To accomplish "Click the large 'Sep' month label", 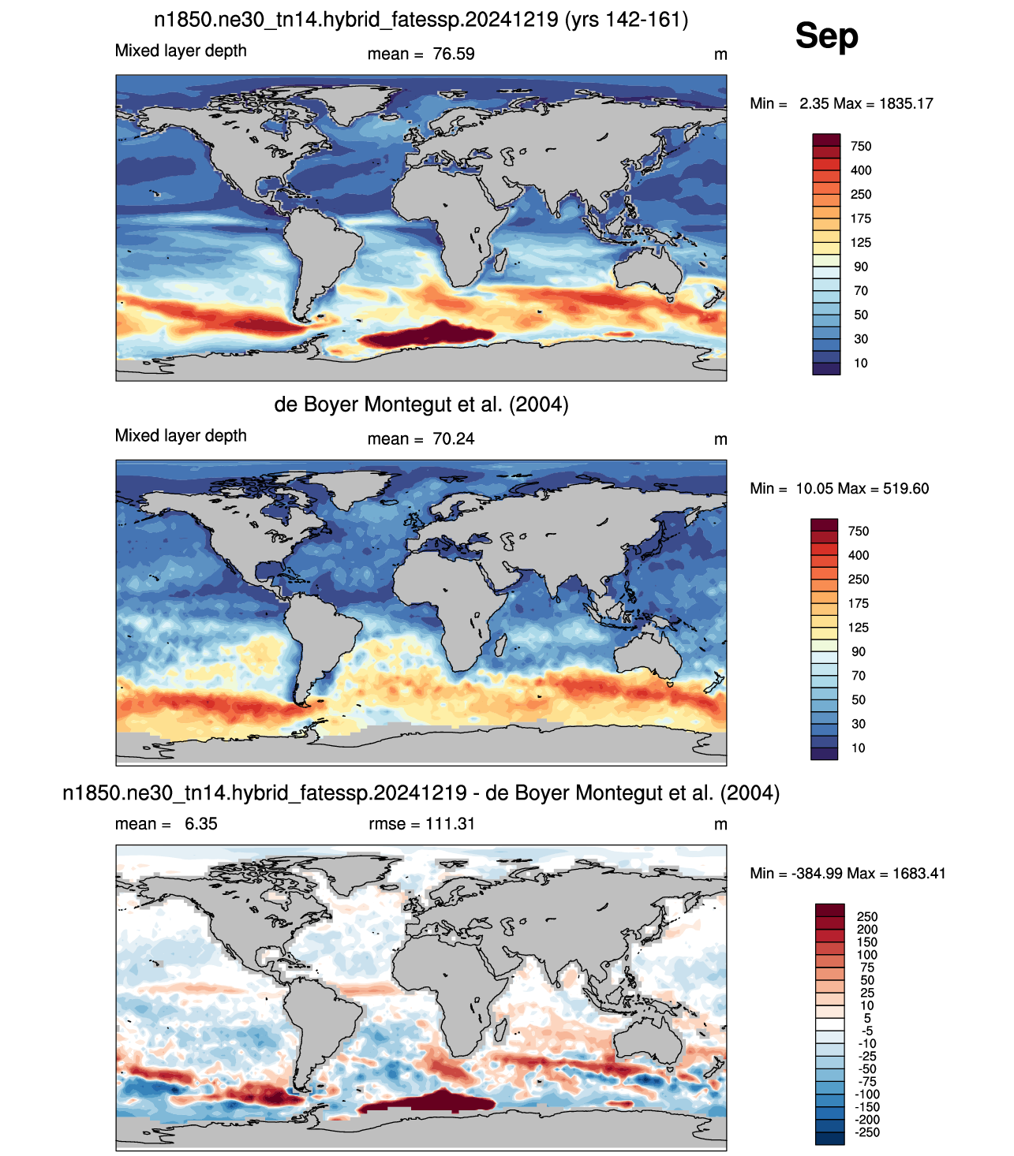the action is (826, 36).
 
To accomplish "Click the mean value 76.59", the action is (453, 54).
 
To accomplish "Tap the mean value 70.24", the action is (453, 438).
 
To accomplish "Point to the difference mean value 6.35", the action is (201, 823).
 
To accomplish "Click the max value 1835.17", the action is (906, 103).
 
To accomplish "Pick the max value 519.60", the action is (906, 488).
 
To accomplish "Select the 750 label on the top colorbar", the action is (860, 146).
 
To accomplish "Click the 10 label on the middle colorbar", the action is (858, 748).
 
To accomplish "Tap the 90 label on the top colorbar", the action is (860, 267).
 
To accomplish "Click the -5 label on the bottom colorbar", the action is (867, 1031).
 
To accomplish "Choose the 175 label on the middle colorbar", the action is (858, 603).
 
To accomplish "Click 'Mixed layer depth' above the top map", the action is (181, 50).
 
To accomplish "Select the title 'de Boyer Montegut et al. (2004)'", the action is (421, 405).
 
